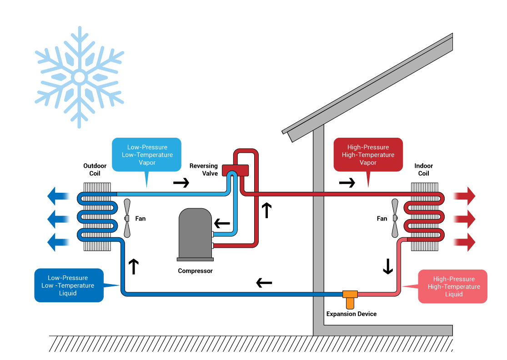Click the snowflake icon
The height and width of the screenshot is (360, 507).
pos(80,77)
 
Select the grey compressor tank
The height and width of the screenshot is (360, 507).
pos(195,234)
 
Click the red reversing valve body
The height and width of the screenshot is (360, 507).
pos(236,170)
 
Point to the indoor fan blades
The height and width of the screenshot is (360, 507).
pos(395,218)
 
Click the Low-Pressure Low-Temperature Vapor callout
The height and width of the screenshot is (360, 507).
pos(146,155)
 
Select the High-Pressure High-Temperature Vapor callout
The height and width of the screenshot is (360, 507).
pos(368,155)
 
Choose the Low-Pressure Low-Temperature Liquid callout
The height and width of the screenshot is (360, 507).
pos(69,285)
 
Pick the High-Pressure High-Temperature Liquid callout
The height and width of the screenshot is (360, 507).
pos(453,287)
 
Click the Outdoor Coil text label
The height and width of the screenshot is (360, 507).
pos(95,170)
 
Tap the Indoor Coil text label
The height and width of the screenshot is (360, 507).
pos(424,170)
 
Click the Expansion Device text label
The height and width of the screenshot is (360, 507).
pos(351,314)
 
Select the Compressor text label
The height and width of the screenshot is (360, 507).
pos(195,271)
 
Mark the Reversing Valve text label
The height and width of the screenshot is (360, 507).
pos(204,170)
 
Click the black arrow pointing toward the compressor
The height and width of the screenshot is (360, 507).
pos(222,224)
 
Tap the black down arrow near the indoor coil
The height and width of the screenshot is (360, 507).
pos(387,266)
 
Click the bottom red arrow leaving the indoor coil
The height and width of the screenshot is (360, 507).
pos(464,243)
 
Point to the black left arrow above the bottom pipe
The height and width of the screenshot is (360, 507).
pos(264,283)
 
